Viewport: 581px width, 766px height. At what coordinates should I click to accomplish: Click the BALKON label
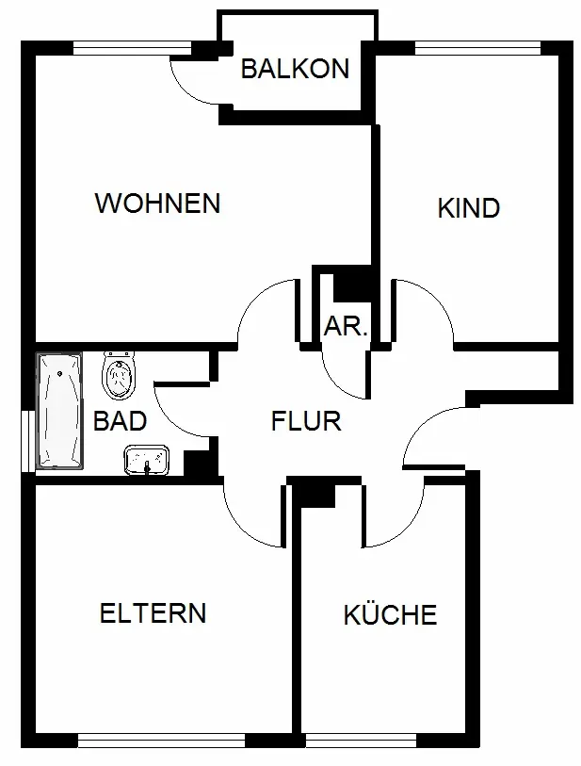(295, 69)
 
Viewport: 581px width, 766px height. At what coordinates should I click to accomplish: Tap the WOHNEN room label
(157, 204)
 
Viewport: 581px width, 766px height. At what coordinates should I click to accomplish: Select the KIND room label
(469, 208)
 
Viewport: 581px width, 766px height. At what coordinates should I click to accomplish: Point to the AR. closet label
(346, 326)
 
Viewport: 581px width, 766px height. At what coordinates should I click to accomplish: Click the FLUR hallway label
(306, 421)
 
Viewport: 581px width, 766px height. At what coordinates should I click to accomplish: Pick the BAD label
(120, 420)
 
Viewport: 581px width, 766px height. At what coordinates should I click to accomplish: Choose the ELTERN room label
(153, 613)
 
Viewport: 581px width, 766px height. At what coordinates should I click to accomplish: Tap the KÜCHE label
(390, 614)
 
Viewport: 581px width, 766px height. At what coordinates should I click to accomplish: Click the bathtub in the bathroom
(59, 411)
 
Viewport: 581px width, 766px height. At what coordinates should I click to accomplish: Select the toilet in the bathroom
(119, 375)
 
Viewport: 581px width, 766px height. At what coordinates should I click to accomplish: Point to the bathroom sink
(147, 459)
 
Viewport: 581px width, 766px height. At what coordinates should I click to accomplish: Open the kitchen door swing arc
(403, 531)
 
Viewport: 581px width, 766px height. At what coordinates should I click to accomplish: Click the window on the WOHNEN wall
(132, 48)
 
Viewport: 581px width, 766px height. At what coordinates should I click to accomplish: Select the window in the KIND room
(477, 48)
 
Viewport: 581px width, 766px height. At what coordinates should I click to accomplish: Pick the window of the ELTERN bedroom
(161, 741)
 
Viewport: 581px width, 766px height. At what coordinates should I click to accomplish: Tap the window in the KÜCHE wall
(362, 741)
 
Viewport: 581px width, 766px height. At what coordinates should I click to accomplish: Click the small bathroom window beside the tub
(28, 442)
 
